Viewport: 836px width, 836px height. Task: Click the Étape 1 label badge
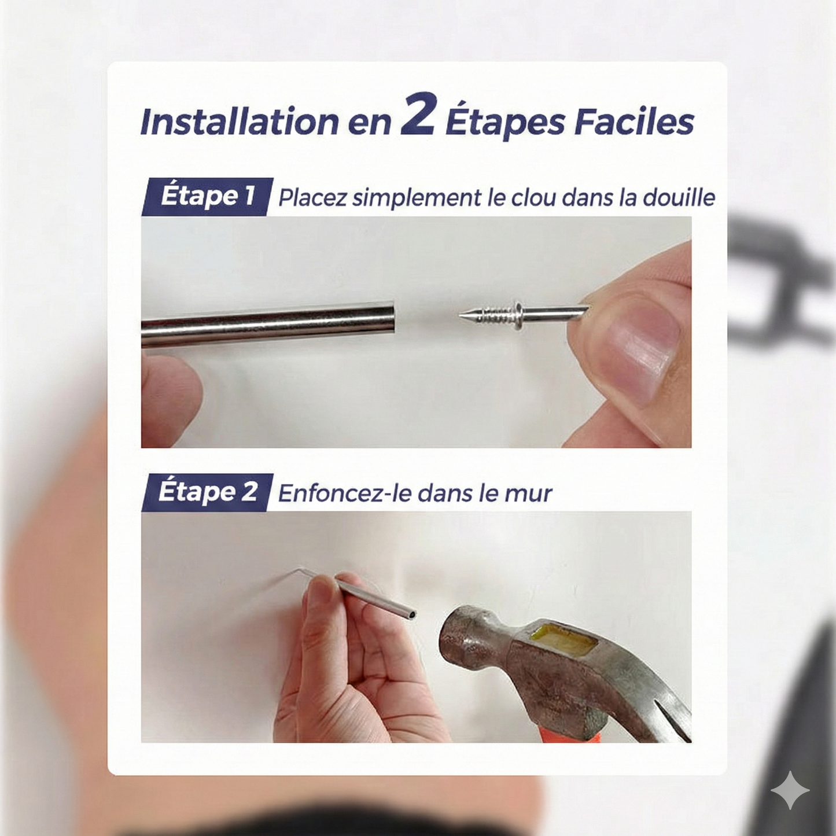tap(207, 196)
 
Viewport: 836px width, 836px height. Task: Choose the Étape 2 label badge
tap(207, 492)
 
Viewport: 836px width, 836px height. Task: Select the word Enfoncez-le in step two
tap(345, 493)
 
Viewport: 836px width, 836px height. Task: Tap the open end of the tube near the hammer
tap(411, 614)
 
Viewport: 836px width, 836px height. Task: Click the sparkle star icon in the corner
tap(790, 790)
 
